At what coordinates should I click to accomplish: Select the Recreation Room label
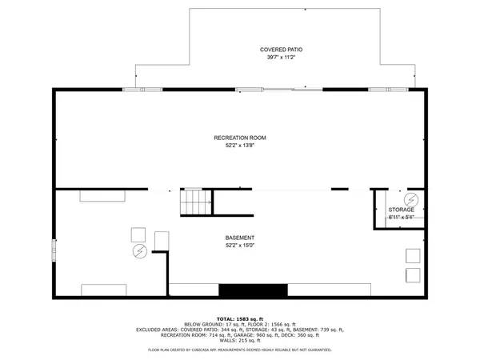coord(240,138)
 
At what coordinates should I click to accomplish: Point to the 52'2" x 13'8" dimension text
coord(240,146)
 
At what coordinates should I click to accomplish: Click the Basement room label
coord(240,238)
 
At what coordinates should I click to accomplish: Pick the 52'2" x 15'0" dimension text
coord(240,246)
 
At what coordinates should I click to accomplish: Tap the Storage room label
coord(402,210)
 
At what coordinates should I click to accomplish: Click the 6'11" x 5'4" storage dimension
coord(402,217)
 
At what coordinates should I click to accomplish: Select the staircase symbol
coord(196,202)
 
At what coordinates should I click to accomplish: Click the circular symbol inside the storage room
coord(412,198)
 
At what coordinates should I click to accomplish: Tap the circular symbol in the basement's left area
coord(139,251)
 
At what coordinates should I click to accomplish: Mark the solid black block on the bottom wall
coord(253,290)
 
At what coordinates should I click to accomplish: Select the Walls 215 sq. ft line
coord(240,341)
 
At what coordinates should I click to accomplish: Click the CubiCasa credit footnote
coord(240,350)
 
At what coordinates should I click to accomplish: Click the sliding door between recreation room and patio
coord(280,89)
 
